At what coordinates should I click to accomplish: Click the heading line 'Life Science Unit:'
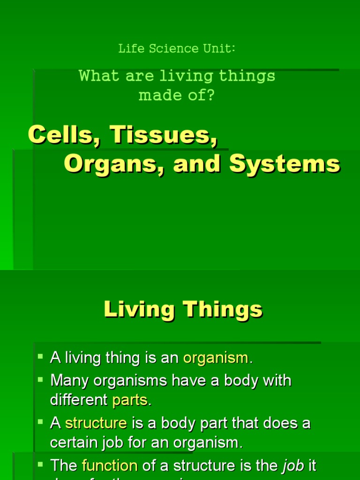(x=176, y=48)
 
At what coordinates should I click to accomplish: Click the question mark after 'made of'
(x=210, y=95)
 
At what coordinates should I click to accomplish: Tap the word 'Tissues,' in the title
(x=164, y=135)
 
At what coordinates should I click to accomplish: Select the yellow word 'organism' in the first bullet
(x=216, y=358)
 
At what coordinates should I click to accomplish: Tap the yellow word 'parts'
(x=130, y=400)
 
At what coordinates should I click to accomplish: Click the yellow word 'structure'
(x=96, y=423)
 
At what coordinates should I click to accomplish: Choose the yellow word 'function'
(x=109, y=465)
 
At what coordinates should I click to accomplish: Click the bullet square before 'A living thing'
(x=40, y=357)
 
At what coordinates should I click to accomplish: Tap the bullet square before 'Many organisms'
(x=40, y=379)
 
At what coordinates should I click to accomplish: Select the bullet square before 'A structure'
(x=40, y=422)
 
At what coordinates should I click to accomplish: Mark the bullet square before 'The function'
(x=40, y=464)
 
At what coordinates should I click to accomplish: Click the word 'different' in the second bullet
(x=79, y=400)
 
